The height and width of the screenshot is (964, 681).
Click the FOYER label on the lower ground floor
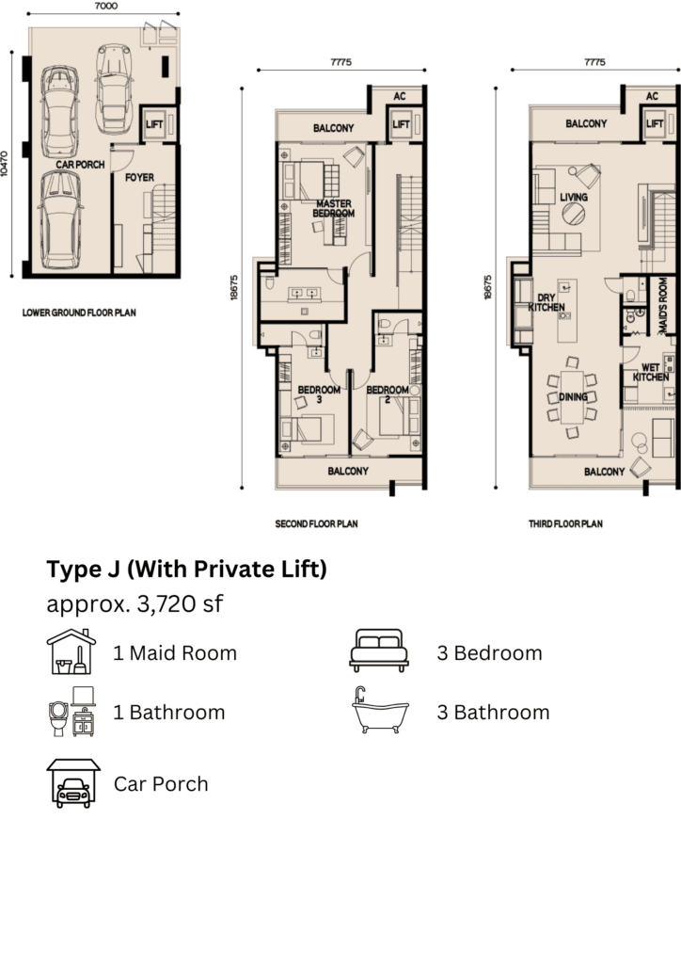tap(139, 177)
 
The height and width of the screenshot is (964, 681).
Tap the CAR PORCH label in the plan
tap(80, 164)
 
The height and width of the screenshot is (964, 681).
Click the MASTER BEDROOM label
tap(333, 208)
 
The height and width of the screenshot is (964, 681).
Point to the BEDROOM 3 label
tap(319, 394)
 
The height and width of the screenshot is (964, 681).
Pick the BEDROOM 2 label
tap(388, 394)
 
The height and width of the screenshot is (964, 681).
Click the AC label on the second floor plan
tap(400, 96)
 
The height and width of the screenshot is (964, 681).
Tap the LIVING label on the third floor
tap(574, 197)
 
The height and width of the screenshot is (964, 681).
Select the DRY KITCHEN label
tap(546, 302)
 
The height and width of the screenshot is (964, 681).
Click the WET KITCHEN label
tap(650, 373)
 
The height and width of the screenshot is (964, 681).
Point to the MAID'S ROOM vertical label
tap(662, 306)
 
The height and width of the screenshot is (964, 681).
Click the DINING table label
tap(573, 396)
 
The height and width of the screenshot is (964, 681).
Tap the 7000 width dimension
tap(106, 6)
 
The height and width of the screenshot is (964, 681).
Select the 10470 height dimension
tap(5, 165)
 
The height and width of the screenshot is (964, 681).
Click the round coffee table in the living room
tap(574, 215)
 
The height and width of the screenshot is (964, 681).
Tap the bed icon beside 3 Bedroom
tap(379, 650)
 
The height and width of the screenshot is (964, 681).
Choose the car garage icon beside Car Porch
tap(73, 782)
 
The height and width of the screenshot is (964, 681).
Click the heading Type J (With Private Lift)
tap(186, 570)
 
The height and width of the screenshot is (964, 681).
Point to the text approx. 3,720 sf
tap(135, 604)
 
